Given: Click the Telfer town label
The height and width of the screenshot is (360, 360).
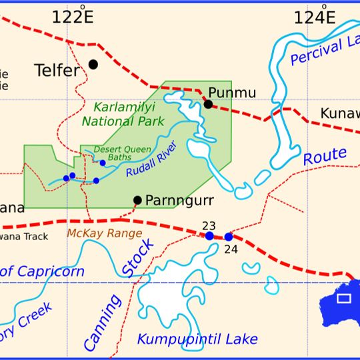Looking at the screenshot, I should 57,70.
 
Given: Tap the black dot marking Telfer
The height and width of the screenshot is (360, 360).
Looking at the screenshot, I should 93,64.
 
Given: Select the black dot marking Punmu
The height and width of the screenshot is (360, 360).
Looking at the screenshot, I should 208,104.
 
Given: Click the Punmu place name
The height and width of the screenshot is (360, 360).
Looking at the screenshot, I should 232,92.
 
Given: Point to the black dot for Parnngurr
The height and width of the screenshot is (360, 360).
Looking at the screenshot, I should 137,200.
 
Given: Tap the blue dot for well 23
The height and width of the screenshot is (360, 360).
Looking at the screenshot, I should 209,236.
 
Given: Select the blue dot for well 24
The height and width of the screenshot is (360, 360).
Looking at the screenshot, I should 229,237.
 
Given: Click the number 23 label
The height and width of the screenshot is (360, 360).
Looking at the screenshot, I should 209,225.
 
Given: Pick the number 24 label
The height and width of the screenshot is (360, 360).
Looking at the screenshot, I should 231,249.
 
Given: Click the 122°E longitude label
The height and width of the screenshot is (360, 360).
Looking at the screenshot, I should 73,17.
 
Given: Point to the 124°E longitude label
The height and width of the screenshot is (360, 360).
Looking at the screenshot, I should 315,17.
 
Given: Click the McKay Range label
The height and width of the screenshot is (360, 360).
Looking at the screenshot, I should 104,233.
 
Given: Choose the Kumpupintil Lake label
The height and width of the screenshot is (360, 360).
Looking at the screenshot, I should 197,339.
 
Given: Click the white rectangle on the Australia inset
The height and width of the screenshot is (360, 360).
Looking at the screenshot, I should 343,298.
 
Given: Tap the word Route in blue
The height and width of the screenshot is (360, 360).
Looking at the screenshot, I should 325,157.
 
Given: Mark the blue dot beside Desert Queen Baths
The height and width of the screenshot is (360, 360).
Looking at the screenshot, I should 103,163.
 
